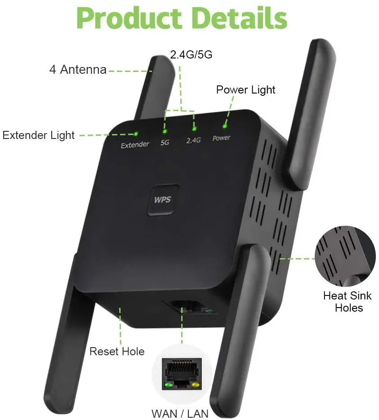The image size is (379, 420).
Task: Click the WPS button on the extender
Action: [163, 199]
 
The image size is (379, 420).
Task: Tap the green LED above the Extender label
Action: [136, 134]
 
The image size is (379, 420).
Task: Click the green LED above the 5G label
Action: [165, 131]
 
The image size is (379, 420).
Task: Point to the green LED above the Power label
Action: [224, 127]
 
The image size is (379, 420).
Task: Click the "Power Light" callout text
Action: [245, 89]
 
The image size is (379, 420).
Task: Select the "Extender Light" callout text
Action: [39, 135]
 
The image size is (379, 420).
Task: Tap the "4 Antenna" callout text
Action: [78, 70]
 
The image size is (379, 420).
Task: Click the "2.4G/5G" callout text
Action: [191, 55]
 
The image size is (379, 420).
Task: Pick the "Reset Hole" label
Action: [117, 351]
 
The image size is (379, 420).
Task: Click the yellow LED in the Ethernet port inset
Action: [196, 385]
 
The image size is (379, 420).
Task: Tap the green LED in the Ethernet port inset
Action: [169, 385]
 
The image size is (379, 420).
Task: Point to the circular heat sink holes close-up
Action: [345, 256]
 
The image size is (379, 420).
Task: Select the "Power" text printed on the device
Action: [221, 138]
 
